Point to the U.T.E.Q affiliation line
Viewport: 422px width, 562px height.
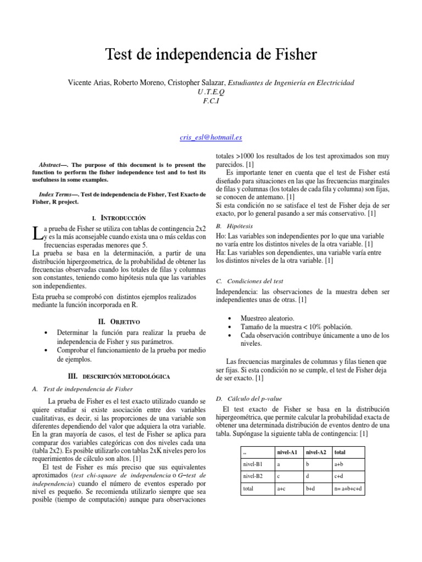(210, 92)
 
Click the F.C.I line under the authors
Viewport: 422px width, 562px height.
(210, 100)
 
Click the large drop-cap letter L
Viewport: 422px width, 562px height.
(37, 233)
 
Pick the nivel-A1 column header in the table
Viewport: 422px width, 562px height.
(286, 452)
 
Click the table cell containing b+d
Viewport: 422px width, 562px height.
(312, 488)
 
